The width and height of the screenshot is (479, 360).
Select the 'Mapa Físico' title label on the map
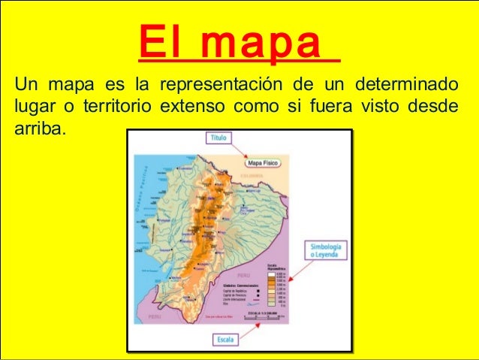click(264, 162)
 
